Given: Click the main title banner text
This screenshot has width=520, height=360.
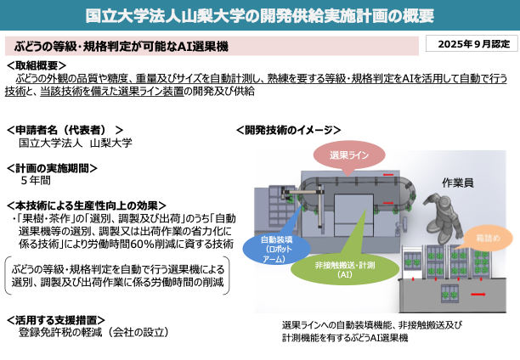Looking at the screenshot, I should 260,15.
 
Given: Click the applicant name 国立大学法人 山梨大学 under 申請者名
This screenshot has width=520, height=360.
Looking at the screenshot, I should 75,143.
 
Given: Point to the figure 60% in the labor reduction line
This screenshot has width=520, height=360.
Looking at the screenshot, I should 168,244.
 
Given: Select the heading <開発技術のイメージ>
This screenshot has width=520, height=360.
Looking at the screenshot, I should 288,130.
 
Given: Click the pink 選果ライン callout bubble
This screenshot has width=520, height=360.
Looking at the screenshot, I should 349,155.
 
